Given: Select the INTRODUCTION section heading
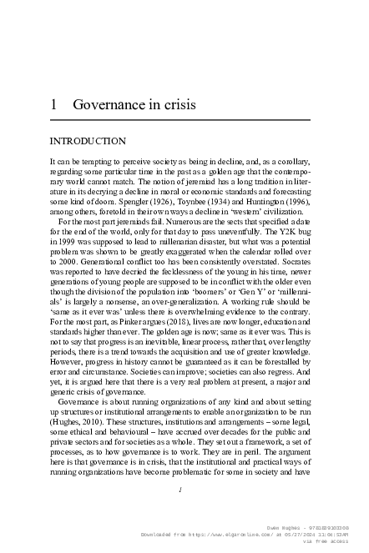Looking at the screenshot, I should point(88,141).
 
